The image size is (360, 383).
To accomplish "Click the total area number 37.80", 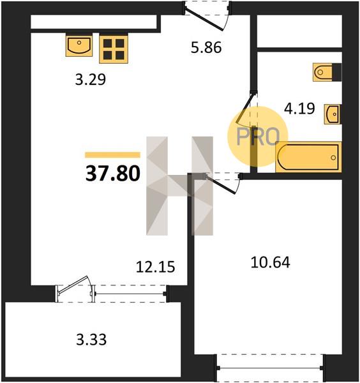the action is click(113, 174).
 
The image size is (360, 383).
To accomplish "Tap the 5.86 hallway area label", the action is click(206, 47).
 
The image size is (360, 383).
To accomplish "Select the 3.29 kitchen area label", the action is click(91, 79).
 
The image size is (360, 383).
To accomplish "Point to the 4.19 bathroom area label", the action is click(299, 109).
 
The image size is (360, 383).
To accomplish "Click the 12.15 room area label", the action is click(156, 266).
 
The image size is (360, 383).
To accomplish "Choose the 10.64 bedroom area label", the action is click(271, 262).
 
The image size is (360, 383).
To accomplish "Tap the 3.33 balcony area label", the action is click(91, 340).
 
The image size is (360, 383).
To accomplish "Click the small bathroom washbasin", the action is click(333, 114).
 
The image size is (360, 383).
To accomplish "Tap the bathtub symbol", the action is click(308, 157).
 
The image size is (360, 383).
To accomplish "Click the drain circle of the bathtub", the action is click(333, 158).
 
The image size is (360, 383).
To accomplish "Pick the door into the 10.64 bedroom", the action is click(221, 184).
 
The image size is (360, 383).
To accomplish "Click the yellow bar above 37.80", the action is click(112, 155).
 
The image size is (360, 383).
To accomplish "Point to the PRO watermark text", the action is click(258, 137).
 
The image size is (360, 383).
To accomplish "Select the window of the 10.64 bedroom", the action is click(271, 368).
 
